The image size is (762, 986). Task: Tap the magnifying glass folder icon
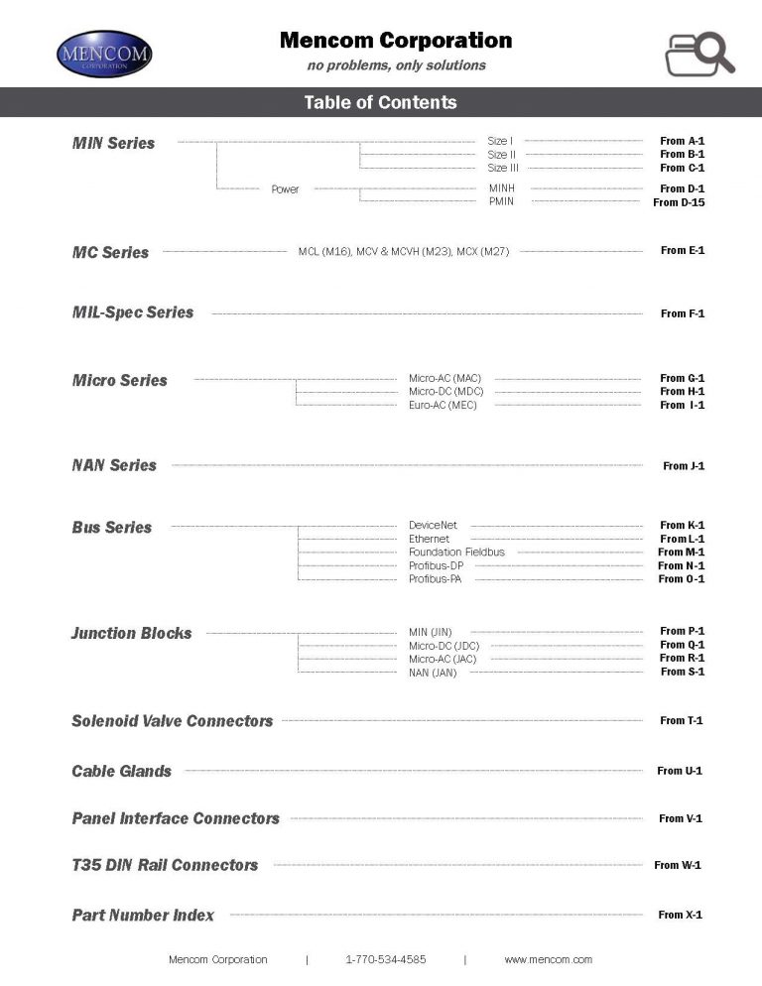click(x=698, y=54)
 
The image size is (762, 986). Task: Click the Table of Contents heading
click(x=381, y=102)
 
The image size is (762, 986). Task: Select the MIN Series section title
click(x=114, y=143)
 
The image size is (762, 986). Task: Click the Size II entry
click(x=502, y=155)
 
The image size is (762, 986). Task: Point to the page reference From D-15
click(x=679, y=202)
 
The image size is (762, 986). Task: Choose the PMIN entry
click(x=501, y=201)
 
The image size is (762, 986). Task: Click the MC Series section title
click(x=110, y=252)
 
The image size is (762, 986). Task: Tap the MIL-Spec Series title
click(x=133, y=312)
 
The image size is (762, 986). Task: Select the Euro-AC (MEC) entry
click(x=443, y=405)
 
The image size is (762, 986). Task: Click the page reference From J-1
click(x=684, y=465)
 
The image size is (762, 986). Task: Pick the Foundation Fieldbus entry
click(x=456, y=552)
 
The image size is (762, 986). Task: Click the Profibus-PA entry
click(x=435, y=579)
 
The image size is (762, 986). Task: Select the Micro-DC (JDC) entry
click(x=444, y=645)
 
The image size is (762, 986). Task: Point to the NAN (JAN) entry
click(x=433, y=673)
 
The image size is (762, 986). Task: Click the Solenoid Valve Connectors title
click(x=173, y=721)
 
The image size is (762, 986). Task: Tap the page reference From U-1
click(x=680, y=771)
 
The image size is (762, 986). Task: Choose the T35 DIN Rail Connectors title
click(x=165, y=865)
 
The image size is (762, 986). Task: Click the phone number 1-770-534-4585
click(x=386, y=959)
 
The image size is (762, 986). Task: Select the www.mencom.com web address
click(x=548, y=959)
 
